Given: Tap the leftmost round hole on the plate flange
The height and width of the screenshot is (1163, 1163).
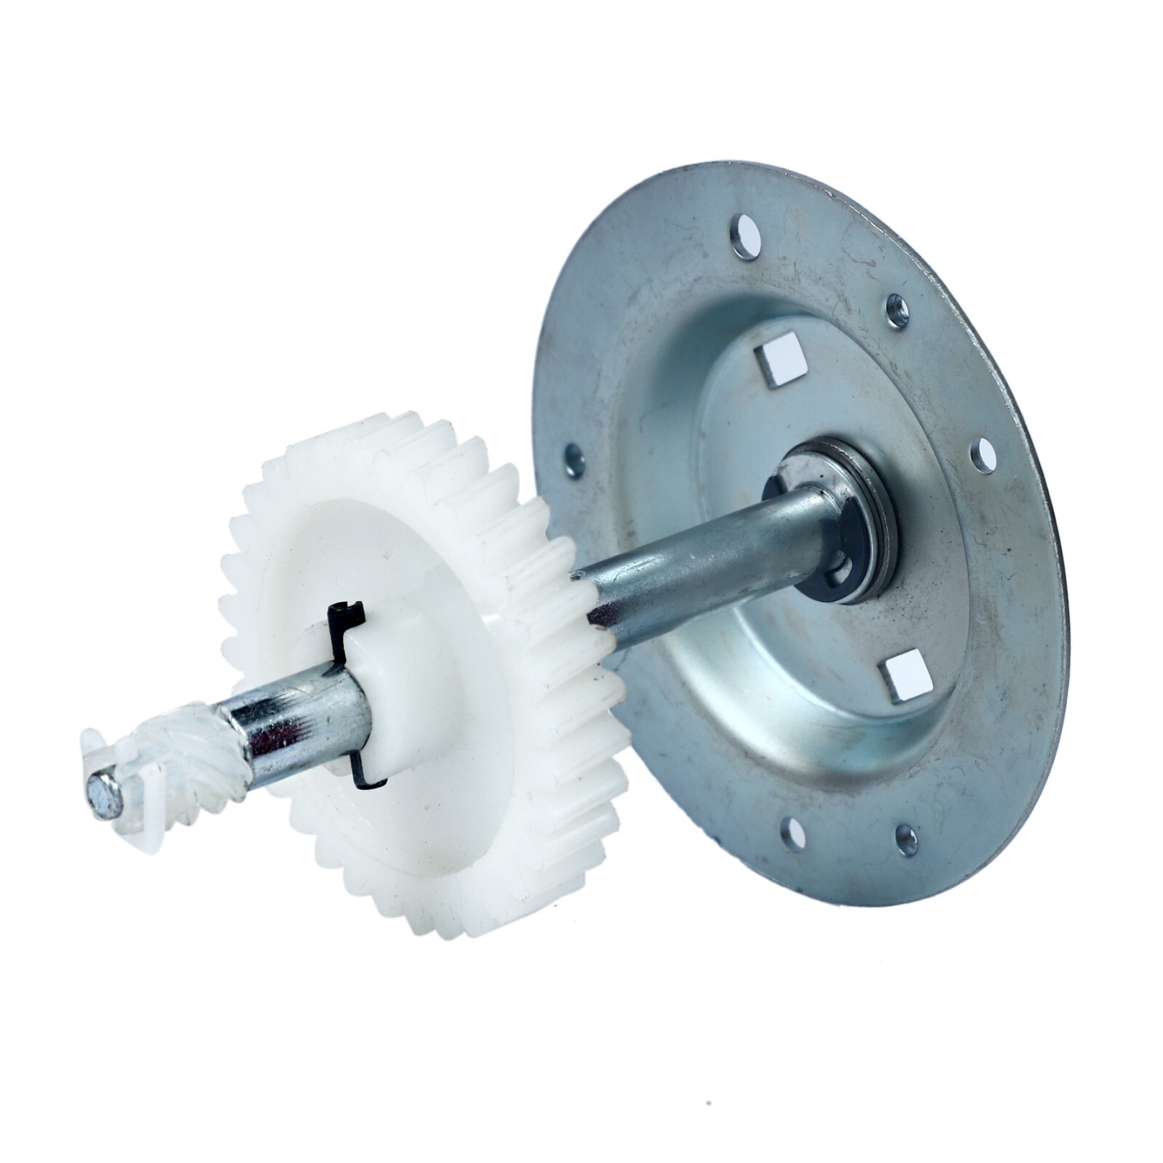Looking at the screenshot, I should tap(574, 457).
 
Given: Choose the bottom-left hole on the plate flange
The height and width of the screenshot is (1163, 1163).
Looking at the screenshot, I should tap(792, 829).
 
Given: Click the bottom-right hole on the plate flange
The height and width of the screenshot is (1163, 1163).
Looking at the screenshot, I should tap(906, 840).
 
